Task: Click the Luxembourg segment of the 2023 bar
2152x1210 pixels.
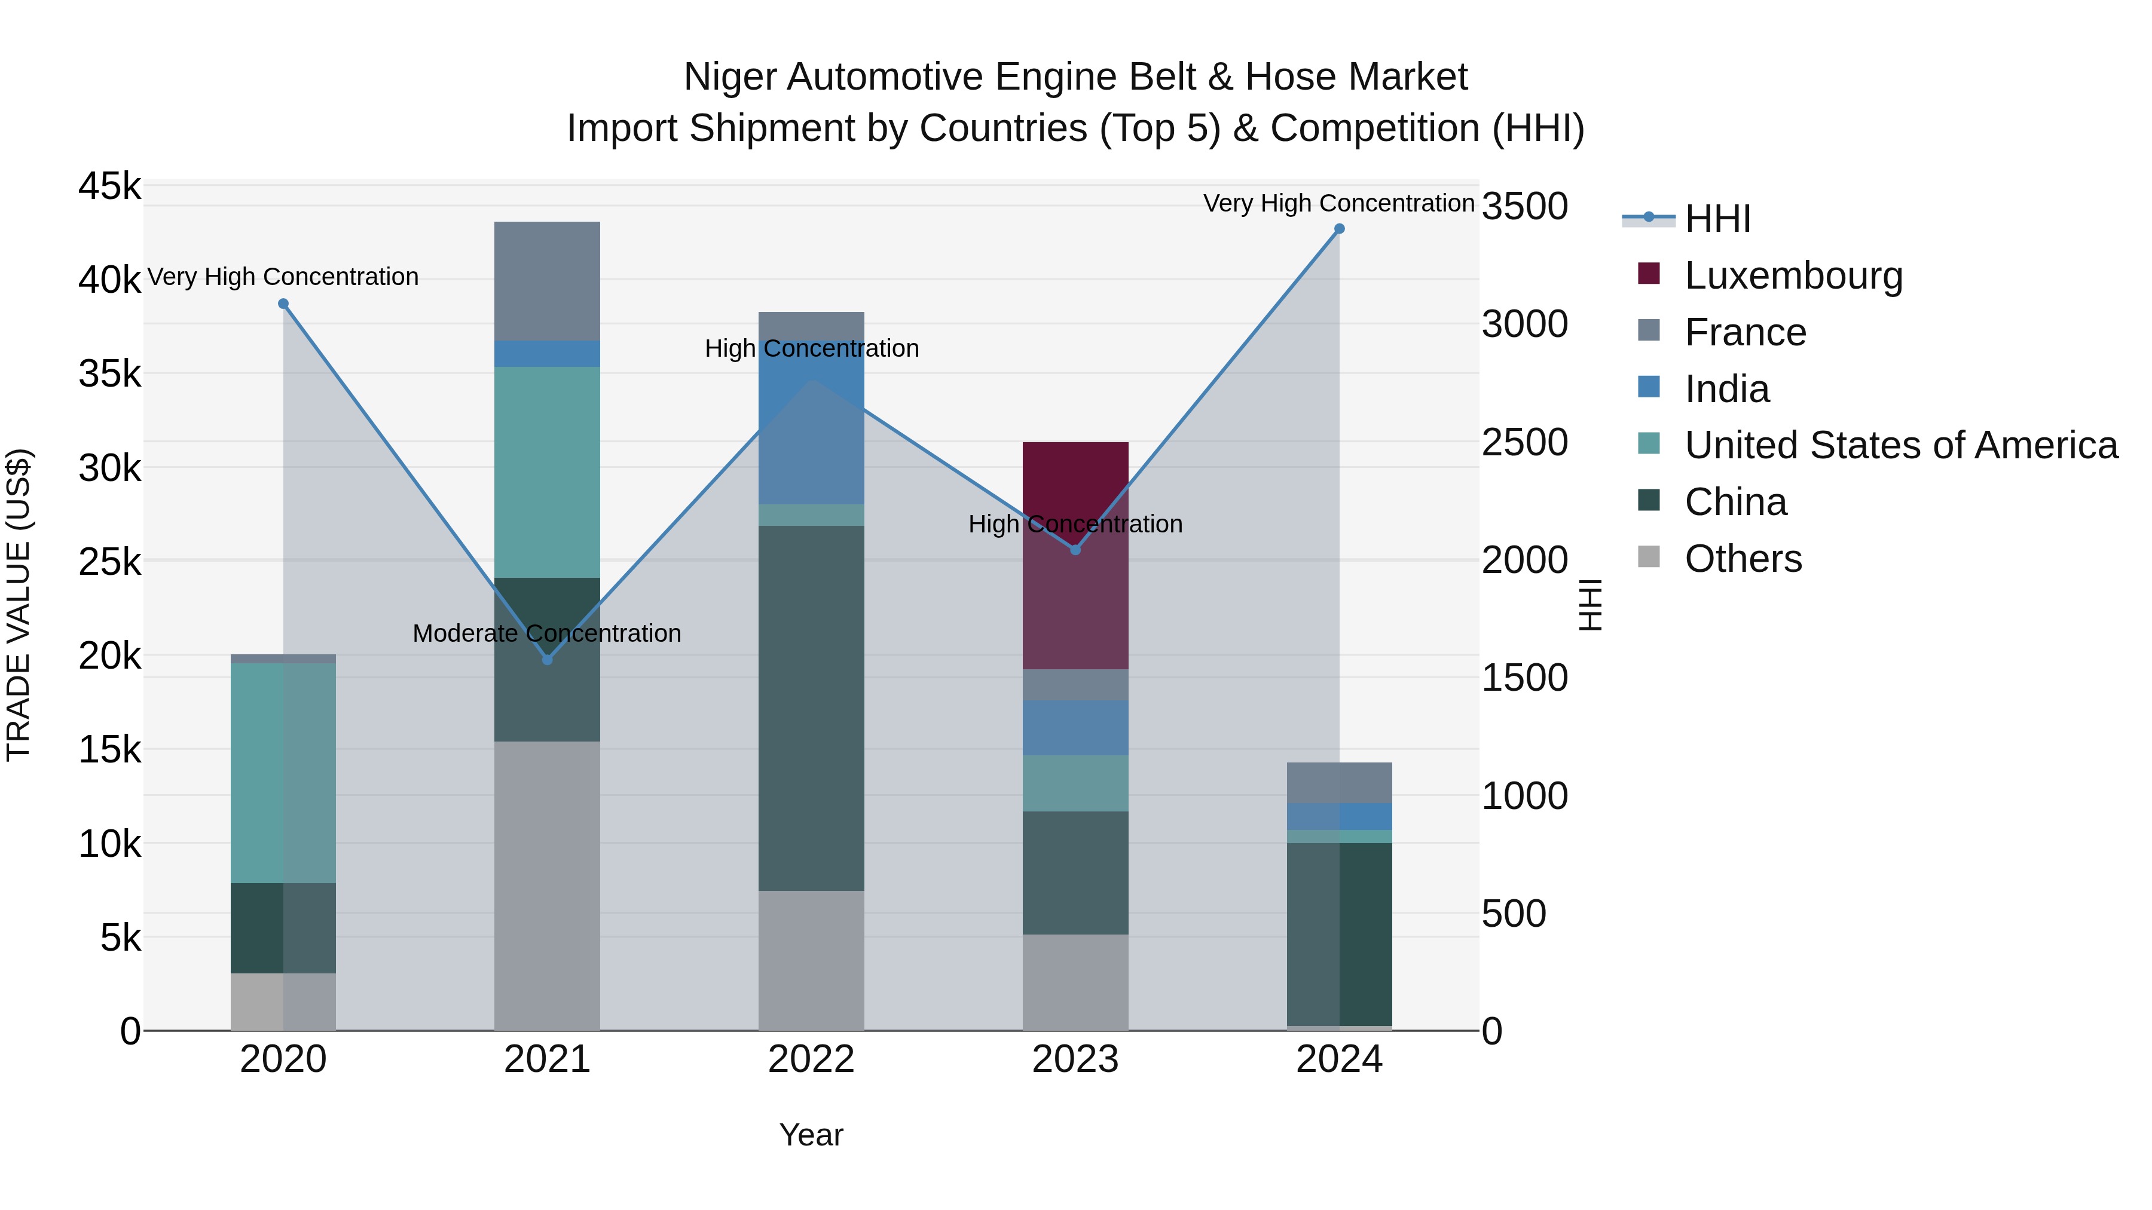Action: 1075,555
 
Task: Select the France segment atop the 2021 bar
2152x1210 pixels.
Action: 547,281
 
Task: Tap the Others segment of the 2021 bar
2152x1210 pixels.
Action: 547,885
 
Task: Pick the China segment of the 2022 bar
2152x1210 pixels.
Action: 811,707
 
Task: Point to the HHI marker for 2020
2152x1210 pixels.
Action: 283,304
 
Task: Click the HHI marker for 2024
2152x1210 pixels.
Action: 1339,229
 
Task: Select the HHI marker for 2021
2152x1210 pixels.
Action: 547,660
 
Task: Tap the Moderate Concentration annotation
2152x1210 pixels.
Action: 547,634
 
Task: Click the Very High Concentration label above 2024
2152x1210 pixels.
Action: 1338,204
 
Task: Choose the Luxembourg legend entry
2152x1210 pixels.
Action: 1793,275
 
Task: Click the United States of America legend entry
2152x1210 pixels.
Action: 1900,445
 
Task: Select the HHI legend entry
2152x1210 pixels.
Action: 1717,219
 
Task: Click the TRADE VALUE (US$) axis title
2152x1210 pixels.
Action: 19,605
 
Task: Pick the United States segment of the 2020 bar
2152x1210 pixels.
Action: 283,773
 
